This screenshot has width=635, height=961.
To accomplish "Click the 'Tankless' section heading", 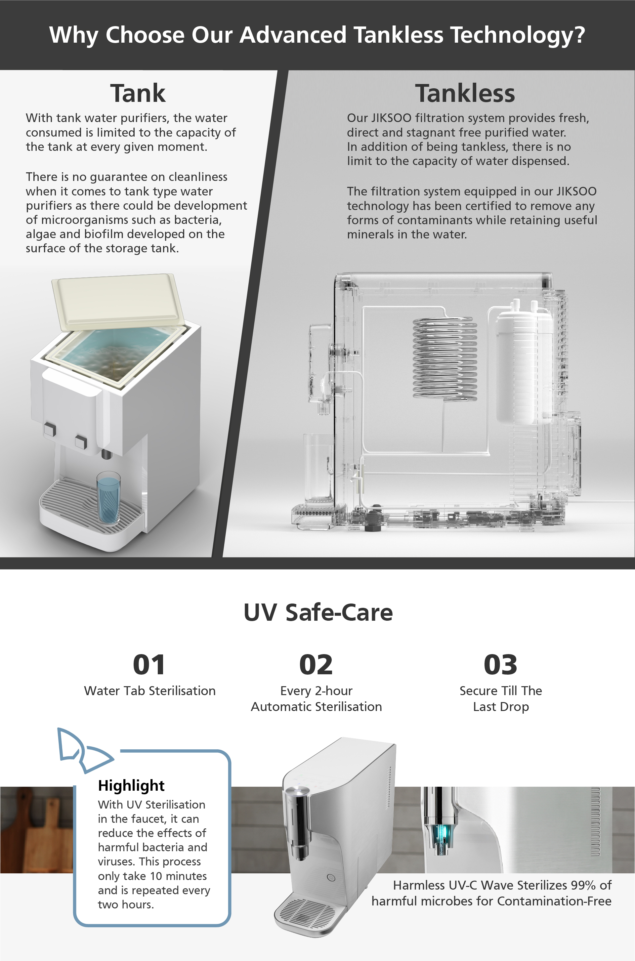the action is tap(465, 93).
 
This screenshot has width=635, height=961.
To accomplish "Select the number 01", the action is tap(149, 665).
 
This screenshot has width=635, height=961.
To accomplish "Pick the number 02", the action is tap(316, 665).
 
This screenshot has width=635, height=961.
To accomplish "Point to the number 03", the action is tap(500, 665).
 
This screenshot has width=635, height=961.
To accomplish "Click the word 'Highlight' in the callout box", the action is tap(131, 785).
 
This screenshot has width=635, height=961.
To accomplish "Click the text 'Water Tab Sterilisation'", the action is tap(150, 691).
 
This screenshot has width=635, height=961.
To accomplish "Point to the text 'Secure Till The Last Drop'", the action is tap(501, 698).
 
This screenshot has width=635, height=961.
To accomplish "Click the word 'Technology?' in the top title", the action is tap(518, 35).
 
